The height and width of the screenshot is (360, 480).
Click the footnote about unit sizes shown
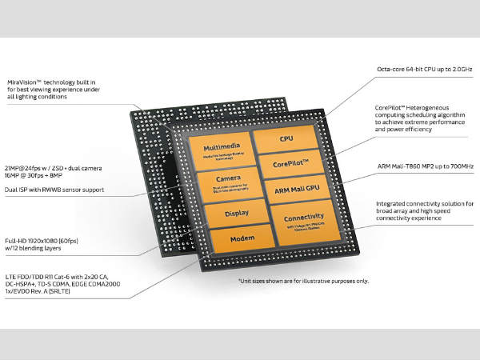pyautogui.click(x=302, y=281)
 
